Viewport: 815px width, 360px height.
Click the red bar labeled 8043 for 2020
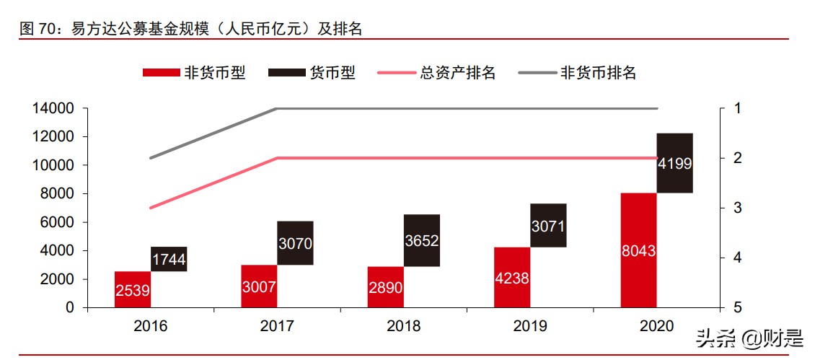coord(638,250)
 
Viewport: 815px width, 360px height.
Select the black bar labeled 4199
coord(675,163)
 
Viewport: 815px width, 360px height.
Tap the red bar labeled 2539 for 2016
coord(133,289)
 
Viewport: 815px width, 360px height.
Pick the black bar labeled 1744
coord(169,259)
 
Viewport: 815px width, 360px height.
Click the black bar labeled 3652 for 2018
coord(421,240)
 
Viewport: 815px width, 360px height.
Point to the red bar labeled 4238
coord(512,277)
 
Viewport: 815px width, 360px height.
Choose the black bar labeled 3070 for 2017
coord(295,243)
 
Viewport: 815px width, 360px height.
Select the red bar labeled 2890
coord(385,286)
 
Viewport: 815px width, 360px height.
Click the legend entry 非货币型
coord(194,73)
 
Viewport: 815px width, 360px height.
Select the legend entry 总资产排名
coord(436,73)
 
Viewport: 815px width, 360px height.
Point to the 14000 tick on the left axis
coord(54,109)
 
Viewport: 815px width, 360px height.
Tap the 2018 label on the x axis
coord(403,326)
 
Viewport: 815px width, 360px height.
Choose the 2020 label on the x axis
coord(656,326)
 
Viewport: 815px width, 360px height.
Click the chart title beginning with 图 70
coord(191,29)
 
